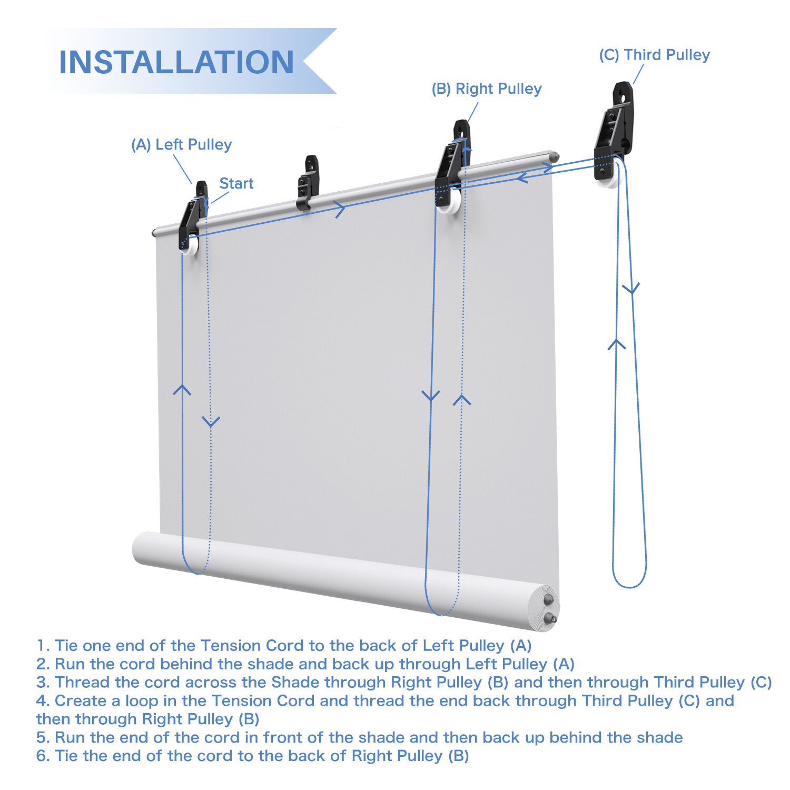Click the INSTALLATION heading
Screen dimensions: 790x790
176,62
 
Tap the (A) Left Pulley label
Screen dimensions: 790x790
182,144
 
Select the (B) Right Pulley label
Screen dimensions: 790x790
487,88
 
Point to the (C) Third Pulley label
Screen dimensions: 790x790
655,55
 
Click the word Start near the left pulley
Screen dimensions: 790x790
236,183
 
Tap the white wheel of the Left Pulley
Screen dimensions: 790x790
191,246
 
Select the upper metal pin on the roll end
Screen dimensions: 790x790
549,599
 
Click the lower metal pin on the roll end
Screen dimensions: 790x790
551,618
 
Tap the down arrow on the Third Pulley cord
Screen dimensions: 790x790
631,289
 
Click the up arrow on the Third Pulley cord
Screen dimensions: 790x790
617,344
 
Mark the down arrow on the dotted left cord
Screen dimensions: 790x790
211,421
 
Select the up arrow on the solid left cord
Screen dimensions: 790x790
182,390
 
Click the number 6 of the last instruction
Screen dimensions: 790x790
42,756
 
